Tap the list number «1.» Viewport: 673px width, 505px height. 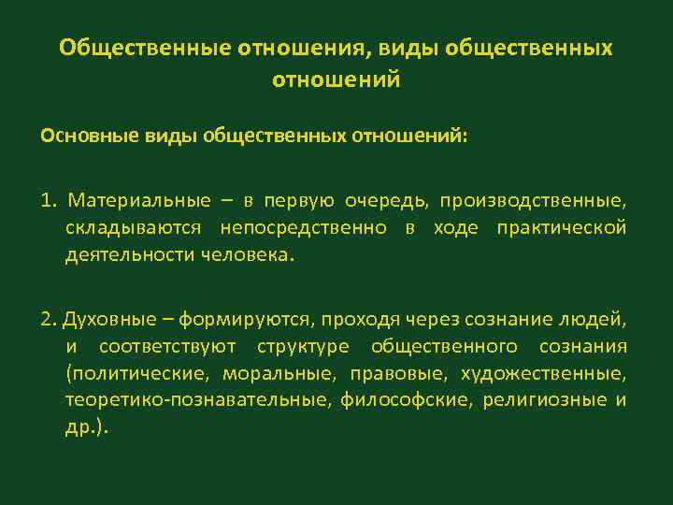pos(49,201)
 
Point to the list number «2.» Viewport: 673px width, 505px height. pos(49,320)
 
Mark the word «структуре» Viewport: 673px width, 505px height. pos(300,348)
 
